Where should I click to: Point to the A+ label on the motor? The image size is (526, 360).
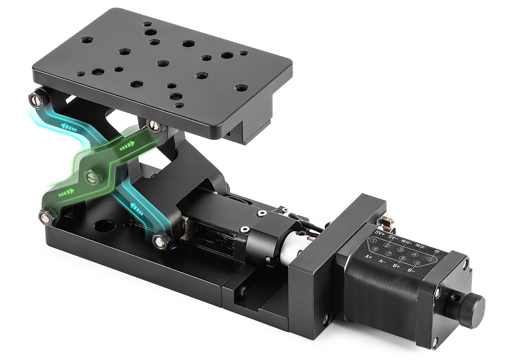(369, 257)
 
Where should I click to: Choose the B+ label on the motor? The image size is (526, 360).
(397, 266)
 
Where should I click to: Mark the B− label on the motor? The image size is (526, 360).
(411, 271)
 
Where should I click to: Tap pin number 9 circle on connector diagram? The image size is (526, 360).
(417, 263)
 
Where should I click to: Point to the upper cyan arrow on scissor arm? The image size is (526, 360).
(68, 128)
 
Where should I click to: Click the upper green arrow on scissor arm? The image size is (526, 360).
(127, 147)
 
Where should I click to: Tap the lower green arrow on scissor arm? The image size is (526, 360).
(66, 192)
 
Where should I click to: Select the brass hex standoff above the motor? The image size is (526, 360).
(387, 222)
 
